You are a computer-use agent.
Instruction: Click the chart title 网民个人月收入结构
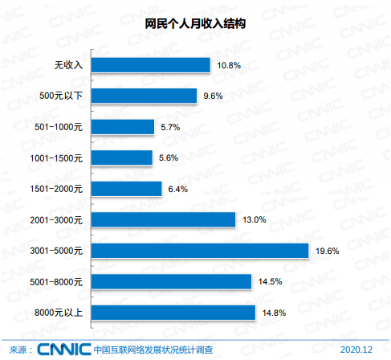[195, 24]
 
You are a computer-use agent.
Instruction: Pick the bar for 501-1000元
[122, 127]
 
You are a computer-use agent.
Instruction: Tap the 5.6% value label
[169, 158]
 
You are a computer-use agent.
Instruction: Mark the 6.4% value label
[177, 189]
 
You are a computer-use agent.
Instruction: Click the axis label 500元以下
[61, 96]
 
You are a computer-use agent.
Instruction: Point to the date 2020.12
[358, 349]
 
